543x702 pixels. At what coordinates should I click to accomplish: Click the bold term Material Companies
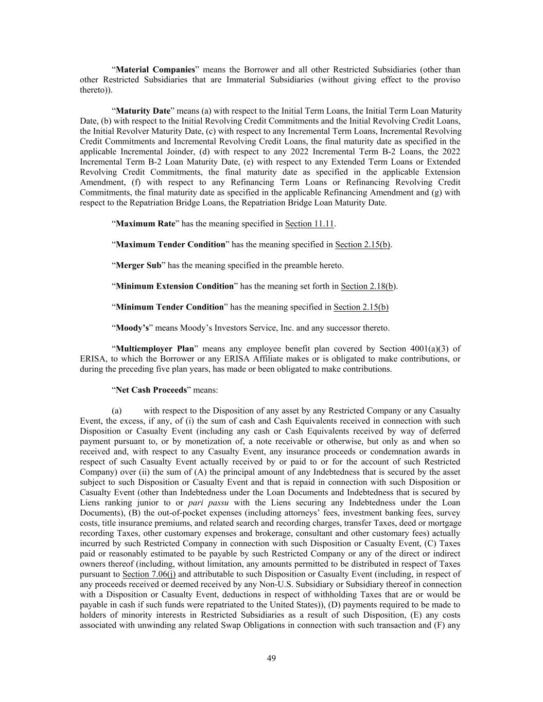(x=155, y=69)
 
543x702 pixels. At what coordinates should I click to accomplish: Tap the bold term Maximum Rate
(x=146, y=224)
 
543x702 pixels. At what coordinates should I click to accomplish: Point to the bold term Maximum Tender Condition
(x=170, y=244)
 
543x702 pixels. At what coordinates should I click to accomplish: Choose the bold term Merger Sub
(x=138, y=265)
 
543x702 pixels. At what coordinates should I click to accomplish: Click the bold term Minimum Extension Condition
(x=175, y=286)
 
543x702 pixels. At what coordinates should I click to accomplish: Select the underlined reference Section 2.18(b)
(x=368, y=286)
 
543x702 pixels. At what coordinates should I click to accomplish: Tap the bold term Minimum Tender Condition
(x=170, y=307)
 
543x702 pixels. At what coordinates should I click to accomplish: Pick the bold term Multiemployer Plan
(x=155, y=349)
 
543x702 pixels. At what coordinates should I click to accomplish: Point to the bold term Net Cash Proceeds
(x=151, y=390)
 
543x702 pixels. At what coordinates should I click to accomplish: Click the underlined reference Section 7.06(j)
(x=149, y=574)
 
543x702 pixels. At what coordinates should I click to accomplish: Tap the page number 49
(x=271, y=658)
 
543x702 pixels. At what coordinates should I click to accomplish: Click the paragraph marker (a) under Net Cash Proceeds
(x=117, y=410)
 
